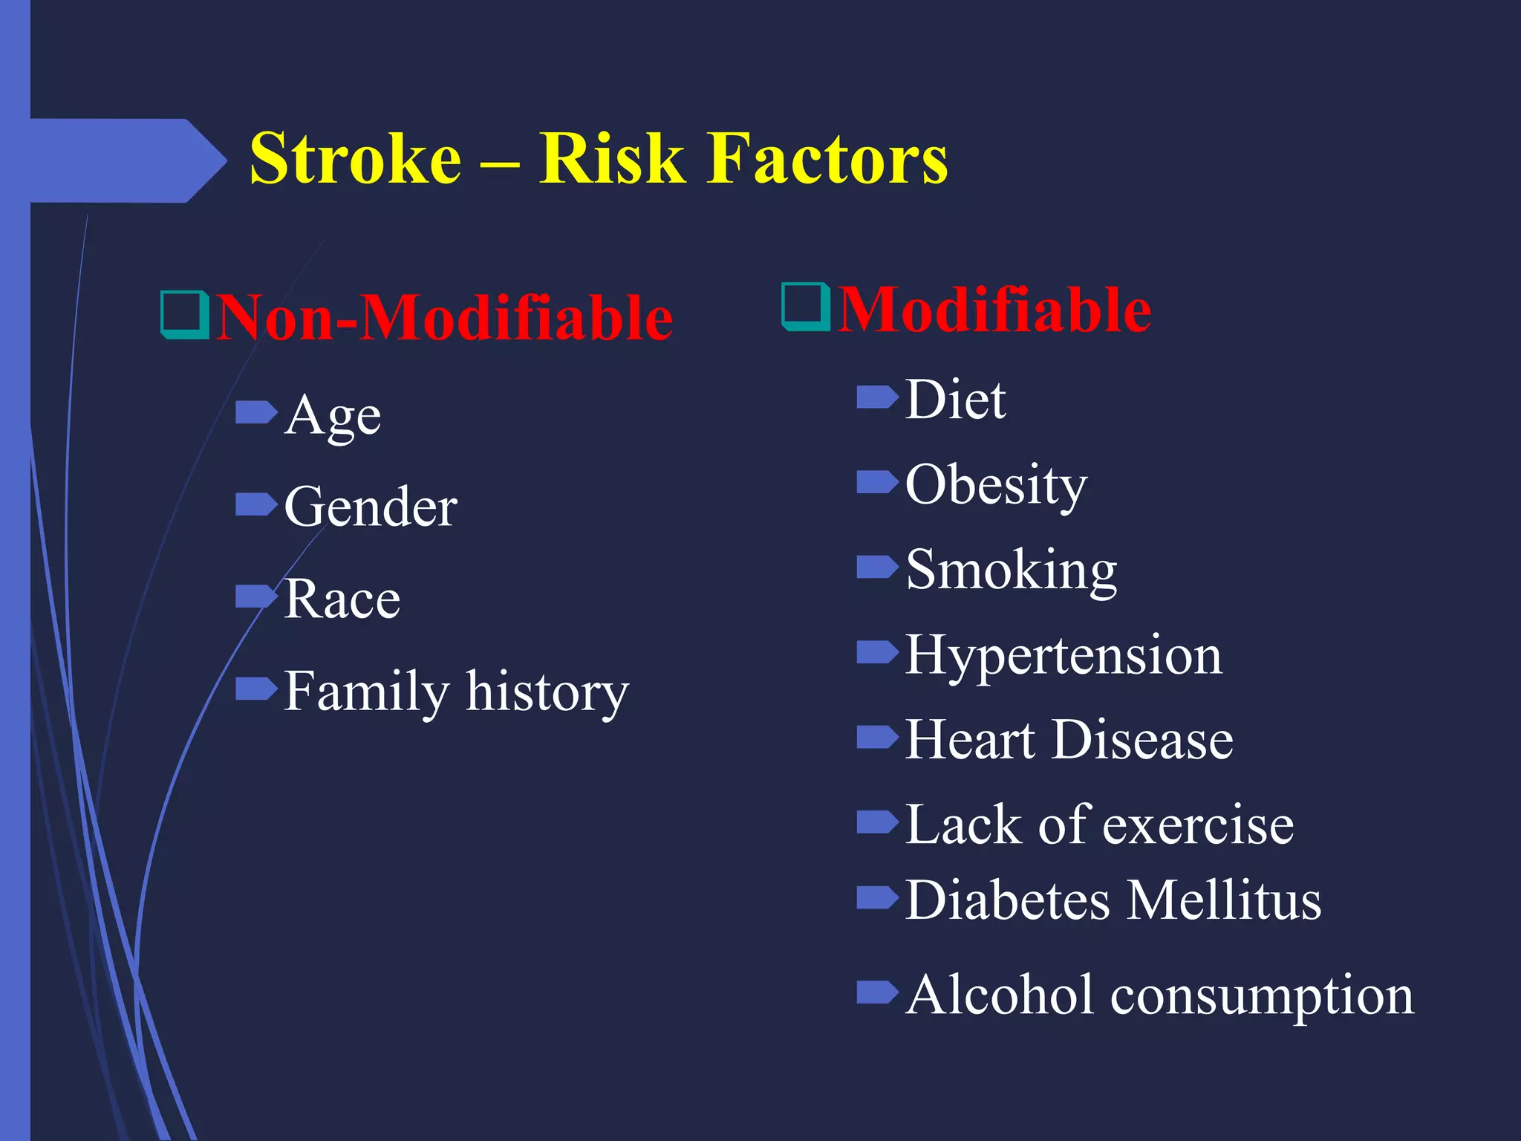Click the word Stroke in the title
(x=355, y=159)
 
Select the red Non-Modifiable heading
(x=444, y=318)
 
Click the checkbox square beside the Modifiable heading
(x=805, y=306)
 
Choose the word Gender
(x=370, y=508)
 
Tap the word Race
(x=342, y=599)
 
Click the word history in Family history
(x=547, y=692)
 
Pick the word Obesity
(x=995, y=486)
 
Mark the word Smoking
(x=1011, y=571)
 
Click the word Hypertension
(x=1063, y=656)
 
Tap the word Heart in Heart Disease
(x=969, y=741)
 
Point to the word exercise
(x=1198, y=826)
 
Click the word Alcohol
(x=1000, y=995)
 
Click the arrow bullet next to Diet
(x=877, y=397)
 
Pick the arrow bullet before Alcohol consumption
(x=877, y=992)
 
